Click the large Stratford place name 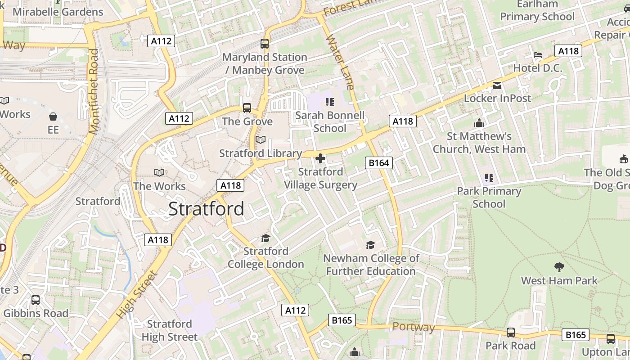coord(207,209)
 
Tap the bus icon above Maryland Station coord(265,44)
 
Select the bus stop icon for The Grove coord(247,108)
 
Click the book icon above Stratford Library coord(261,140)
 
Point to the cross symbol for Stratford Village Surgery coord(320,158)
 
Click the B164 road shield coord(378,162)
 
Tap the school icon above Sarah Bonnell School coord(330,102)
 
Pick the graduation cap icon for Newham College coord(370,245)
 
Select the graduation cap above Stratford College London coord(265,238)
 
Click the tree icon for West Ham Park coord(559,267)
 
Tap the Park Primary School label coord(489,198)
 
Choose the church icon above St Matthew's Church coord(479,123)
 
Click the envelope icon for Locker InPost coord(497,85)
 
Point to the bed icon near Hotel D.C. coord(538,55)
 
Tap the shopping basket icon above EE coord(53,117)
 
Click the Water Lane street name coord(340,62)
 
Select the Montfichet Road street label coord(94,91)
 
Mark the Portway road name coord(414,327)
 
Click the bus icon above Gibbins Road coord(36,300)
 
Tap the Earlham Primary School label coord(537,11)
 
